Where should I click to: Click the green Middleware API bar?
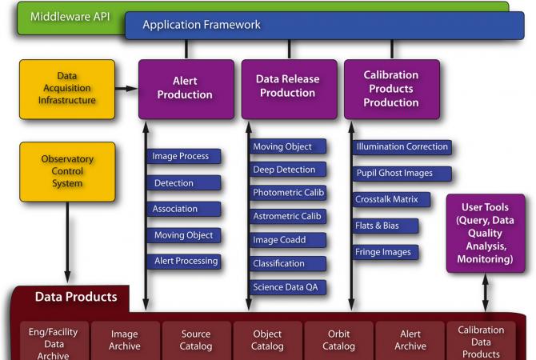72,15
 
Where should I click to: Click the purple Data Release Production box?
289,86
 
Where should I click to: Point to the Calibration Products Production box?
391,89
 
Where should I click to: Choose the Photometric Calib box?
288,193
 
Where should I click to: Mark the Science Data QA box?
288,286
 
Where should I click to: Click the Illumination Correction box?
402,146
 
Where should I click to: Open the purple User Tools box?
486,233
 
